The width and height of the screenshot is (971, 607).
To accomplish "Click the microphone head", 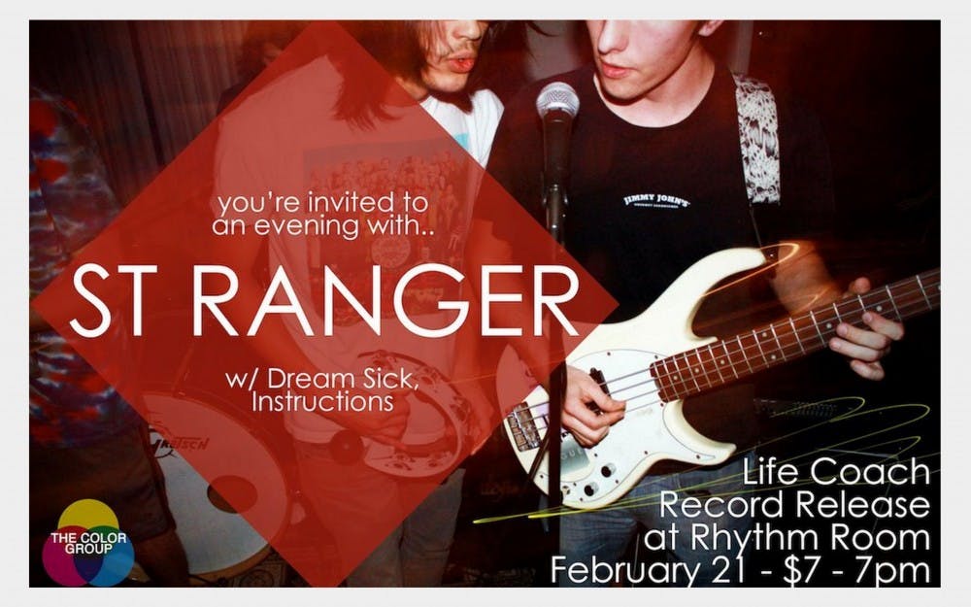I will pos(557,102).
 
